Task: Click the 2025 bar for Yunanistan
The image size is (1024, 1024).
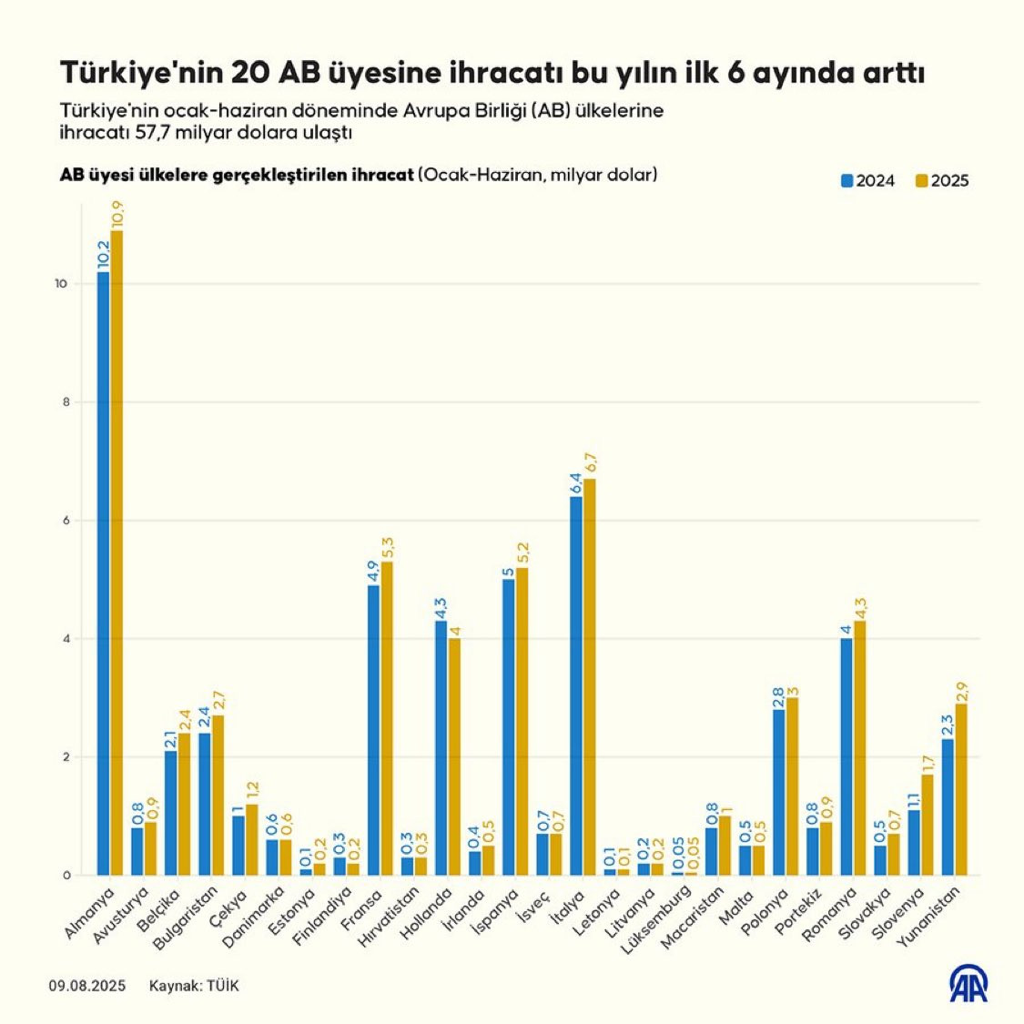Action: tap(960, 789)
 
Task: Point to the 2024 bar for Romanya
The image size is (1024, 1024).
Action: tap(847, 756)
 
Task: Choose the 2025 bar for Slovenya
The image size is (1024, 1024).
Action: tap(927, 825)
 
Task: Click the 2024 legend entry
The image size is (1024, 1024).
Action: tap(867, 180)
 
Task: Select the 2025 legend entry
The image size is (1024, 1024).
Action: tap(941, 180)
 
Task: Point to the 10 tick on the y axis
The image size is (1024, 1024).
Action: tap(61, 284)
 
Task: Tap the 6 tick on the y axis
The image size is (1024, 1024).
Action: tap(64, 521)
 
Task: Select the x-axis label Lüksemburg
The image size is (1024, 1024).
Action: tap(653, 922)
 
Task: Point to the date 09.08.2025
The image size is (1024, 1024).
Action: tap(87, 986)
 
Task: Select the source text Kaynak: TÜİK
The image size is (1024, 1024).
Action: tap(194, 986)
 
